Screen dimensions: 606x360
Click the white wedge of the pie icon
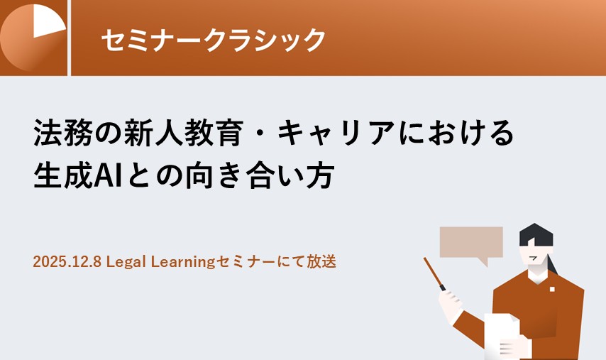tap(46, 21)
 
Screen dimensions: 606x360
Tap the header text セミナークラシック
tap(214, 40)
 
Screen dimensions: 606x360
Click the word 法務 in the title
tap(62, 132)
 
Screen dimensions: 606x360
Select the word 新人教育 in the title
tap(184, 132)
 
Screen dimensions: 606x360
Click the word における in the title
tap(456, 132)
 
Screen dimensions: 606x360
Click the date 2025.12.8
tap(67, 262)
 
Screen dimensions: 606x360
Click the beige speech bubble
tap(471, 242)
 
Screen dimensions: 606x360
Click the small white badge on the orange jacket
tap(552, 289)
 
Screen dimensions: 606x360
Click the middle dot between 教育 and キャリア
tap(260, 133)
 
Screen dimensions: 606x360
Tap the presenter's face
tap(534, 258)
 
